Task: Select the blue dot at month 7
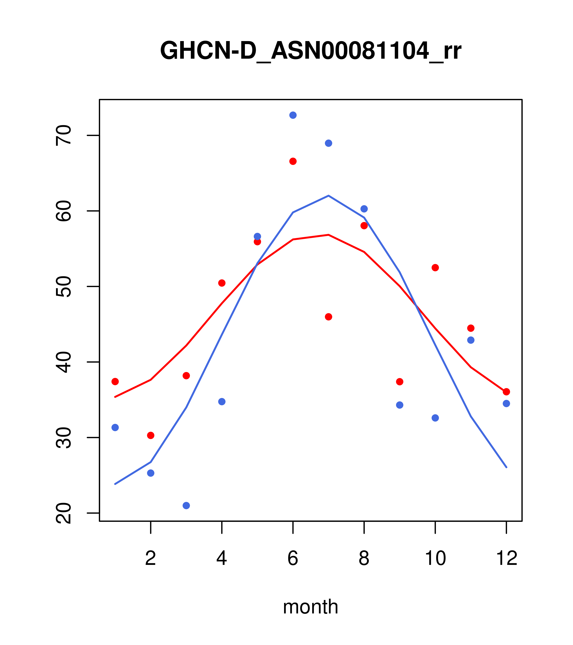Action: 328,143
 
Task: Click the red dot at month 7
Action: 328,317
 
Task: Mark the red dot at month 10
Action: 435,268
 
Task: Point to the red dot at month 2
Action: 151,435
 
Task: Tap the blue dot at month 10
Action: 435,418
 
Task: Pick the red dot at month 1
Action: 115,382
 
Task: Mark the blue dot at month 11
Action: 471,340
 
